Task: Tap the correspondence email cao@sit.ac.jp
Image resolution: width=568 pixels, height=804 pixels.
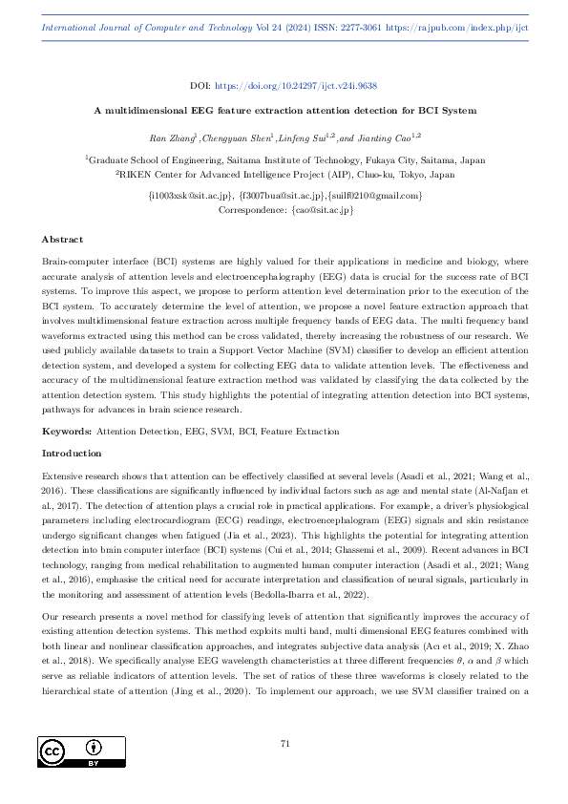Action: pyautogui.click(x=311, y=208)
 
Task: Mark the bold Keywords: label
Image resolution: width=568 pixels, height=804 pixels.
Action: pyautogui.click(x=66, y=433)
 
